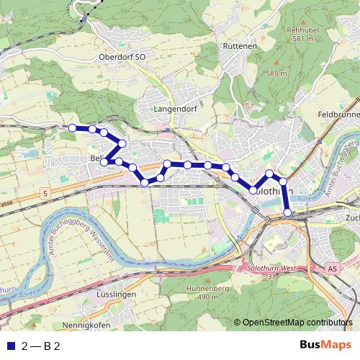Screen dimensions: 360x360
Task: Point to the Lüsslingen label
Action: coord(116,295)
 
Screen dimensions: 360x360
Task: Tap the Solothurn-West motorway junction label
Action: coord(270,268)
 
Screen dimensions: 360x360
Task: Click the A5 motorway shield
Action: coord(332,269)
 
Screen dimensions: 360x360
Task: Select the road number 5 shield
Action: coord(45,194)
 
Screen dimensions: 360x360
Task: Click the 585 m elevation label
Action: coord(276,73)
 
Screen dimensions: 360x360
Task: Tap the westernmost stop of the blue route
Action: coord(72,127)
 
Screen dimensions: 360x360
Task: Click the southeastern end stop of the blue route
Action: coord(287,212)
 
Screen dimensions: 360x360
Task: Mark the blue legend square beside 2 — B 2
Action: coord(9,346)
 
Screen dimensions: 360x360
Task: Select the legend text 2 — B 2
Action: coord(42,346)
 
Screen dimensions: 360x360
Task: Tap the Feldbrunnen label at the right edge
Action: coord(338,114)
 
